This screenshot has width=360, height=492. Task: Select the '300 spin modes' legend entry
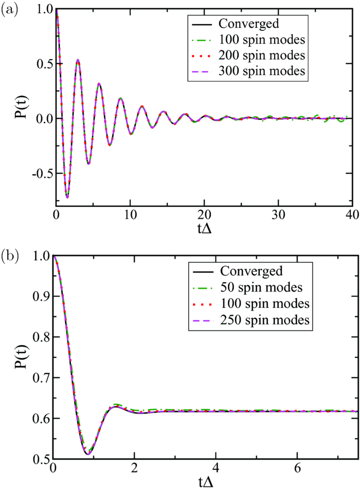click(x=263, y=72)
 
